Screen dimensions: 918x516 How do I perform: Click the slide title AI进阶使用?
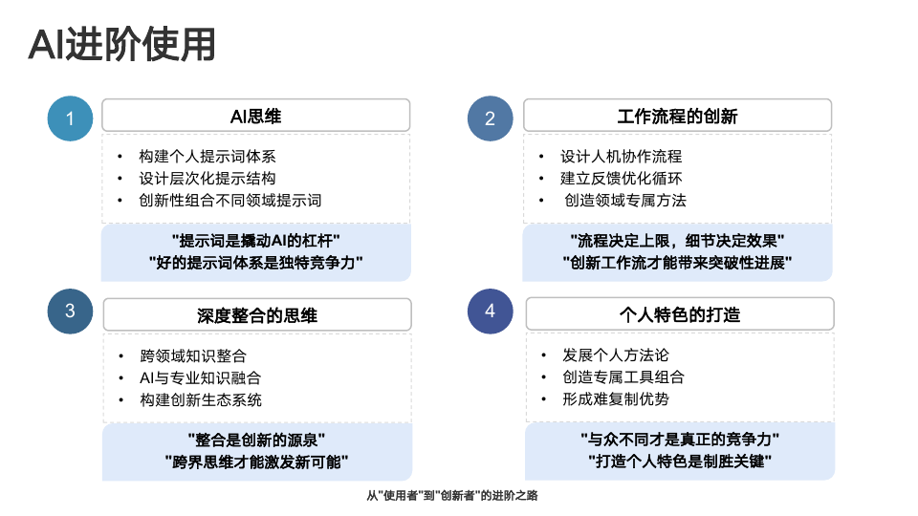coord(121,45)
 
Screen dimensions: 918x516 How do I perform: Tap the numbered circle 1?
coord(70,118)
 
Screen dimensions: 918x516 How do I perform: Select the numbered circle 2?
coord(490,118)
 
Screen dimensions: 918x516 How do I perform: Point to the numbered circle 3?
coord(70,312)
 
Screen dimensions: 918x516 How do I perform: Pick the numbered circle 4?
coord(490,312)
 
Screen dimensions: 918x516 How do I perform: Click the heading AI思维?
coord(256,117)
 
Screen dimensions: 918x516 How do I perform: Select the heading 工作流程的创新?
coord(677,117)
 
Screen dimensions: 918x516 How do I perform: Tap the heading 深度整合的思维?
coord(257,316)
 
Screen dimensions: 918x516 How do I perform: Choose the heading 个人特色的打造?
coord(680,315)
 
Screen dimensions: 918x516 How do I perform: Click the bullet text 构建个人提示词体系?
coord(208,156)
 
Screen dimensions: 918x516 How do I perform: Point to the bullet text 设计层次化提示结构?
coord(208,179)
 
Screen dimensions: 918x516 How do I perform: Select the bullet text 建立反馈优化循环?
coord(622,179)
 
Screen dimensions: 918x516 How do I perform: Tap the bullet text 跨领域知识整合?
coord(193,355)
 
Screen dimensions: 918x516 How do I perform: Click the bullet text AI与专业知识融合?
coord(200,378)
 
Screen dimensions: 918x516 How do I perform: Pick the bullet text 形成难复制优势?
coord(616,399)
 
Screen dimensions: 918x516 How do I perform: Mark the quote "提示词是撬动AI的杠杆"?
coord(256,241)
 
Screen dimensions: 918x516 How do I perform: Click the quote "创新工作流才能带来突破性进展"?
coord(677,263)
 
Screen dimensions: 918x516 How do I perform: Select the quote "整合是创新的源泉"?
coord(256,440)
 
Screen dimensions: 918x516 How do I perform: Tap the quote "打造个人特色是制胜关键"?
coord(680,461)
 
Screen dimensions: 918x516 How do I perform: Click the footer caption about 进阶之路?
coord(452,496)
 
